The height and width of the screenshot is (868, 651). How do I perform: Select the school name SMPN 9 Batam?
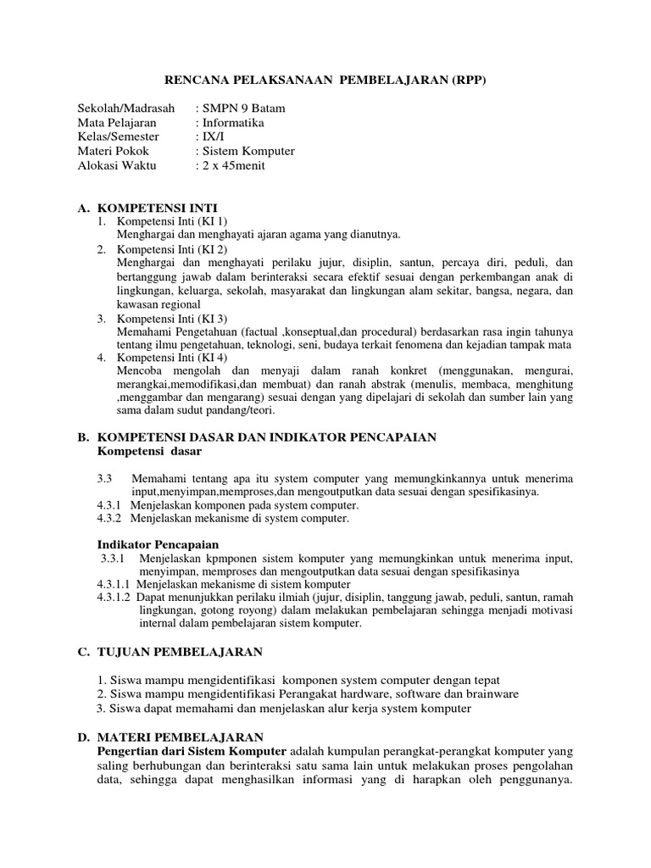coord(243,108)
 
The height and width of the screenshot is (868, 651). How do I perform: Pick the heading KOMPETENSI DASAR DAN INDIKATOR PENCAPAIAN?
coord(267,437)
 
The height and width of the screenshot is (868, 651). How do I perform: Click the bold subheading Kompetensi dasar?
coord(150,451)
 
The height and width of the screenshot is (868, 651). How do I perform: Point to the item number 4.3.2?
coord(109,517)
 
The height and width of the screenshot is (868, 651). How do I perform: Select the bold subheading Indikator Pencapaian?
coord(159,544)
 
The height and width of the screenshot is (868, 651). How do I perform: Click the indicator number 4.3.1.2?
coord(114,597)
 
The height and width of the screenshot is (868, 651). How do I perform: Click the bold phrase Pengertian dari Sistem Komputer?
coord(193,752)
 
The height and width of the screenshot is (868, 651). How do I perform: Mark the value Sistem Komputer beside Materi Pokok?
coord(248,151)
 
